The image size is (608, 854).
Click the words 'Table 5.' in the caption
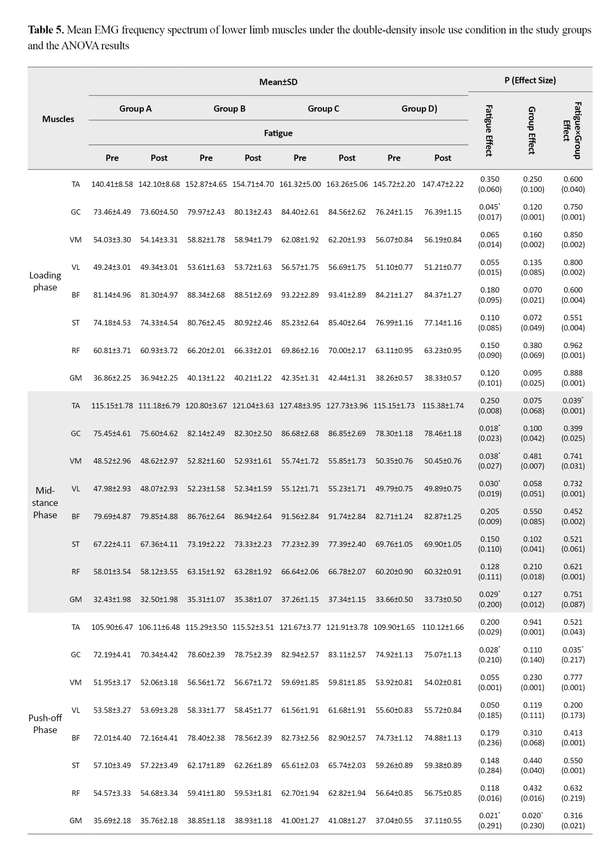46,30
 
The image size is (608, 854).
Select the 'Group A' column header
135,108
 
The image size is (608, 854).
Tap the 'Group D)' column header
419,108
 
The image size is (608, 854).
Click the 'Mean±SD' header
278,82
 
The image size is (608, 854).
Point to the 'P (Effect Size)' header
530,80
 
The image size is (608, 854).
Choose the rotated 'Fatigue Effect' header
489,131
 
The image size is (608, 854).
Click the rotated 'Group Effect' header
532,131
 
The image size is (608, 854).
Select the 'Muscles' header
58,119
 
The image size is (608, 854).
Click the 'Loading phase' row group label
45,281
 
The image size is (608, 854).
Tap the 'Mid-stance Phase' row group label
45,503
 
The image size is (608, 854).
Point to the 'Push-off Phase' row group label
45,724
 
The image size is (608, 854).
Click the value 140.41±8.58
112,184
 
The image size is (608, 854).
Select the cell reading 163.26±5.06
347,184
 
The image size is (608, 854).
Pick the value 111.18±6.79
159,406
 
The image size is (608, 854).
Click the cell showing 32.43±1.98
112,599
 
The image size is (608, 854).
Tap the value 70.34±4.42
159,655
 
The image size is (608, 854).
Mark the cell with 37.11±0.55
443,820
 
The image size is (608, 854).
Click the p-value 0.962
573,345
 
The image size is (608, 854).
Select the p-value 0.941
532,622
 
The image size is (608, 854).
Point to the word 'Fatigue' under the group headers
278,133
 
